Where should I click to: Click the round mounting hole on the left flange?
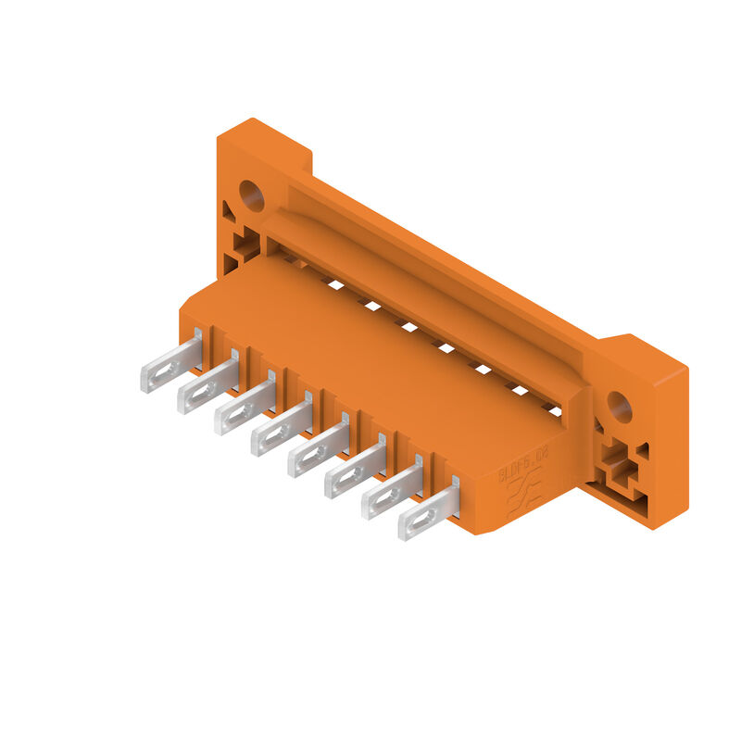point(252,195)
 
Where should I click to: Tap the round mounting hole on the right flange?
point(619,406)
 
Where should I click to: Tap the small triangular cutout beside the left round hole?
point(228,212)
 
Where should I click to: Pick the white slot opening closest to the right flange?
point(553,408)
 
